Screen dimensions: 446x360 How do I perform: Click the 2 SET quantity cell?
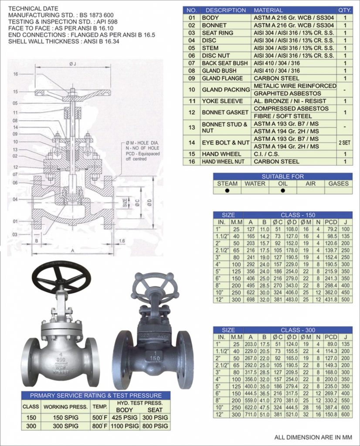[x=345, y=143]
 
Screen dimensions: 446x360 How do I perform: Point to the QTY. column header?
[x=345, y=10]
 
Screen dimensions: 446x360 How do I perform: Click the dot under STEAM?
[x=227, y=190]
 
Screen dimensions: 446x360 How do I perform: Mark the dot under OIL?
[x=283, y=190]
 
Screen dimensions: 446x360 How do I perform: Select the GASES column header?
[x=339, y=184]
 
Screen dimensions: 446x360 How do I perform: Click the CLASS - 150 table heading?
[x=298, y=215]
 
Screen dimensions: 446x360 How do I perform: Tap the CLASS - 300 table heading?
[x=298, y=330]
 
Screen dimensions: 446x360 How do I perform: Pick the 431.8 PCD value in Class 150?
[x=332, y=301]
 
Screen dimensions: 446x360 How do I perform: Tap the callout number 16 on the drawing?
[x=15, y=74]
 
